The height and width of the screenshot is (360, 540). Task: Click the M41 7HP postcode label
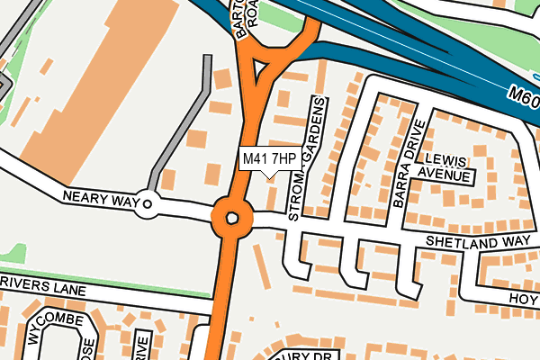click(269, 159)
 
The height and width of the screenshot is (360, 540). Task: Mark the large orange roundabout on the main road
click(232, 218)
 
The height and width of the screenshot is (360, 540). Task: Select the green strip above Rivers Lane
click(108, 273)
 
